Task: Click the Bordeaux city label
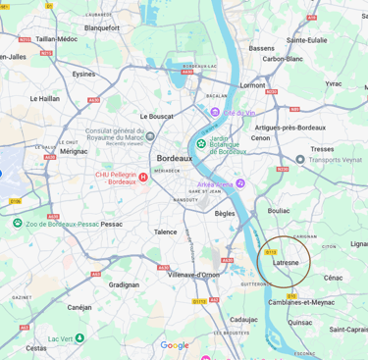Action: click(x=174, y=158)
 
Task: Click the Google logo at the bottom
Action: click(x=175, y=345)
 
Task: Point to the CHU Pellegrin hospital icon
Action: click(x=143, y=178)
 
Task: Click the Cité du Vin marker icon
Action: click(x=215, y=113)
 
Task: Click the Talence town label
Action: click(x=165, y=231)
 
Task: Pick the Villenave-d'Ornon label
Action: click(x=193, y=275)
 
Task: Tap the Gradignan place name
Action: click(x=124, y=284)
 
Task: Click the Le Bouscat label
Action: click(x=157, y=116)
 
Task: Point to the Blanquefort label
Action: click(x=102, y=28)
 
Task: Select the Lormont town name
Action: click(x=252, y=84)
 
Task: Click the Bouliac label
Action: click(x=279, y=210)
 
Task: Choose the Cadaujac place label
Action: click(x=243, y=319)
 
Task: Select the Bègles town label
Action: click(x=225, y=212)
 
